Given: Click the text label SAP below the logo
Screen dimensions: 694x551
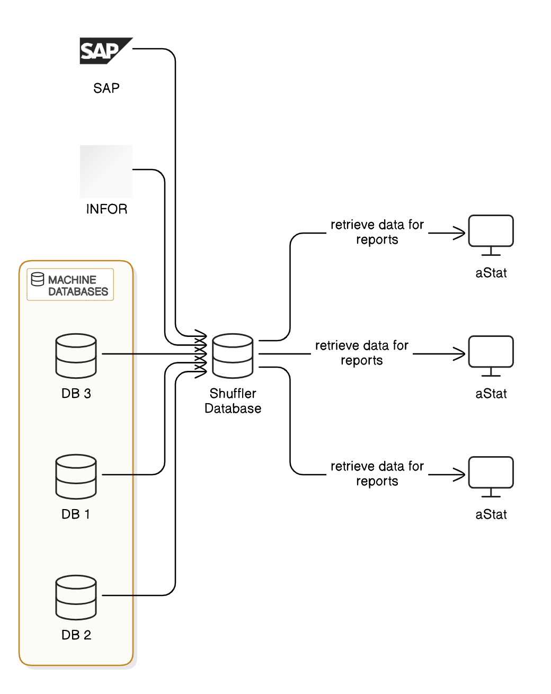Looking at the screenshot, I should coord(106,88).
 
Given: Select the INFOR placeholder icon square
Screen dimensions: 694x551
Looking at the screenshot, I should coord(106,172).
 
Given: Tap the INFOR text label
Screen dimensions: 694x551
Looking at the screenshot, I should coord(106,209).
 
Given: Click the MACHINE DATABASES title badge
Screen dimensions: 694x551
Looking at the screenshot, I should coord(70,285).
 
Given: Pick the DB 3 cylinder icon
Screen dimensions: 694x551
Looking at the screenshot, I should coord(76,355).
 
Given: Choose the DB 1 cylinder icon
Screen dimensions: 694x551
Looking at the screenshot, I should coord(76,476).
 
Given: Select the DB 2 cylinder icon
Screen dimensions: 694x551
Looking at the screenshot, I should coord(76,597).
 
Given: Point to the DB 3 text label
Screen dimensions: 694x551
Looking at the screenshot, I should coord(76,394).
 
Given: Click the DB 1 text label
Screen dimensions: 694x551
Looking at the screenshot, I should coord(76,514).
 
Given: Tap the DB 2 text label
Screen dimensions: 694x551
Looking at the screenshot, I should coord(76,635).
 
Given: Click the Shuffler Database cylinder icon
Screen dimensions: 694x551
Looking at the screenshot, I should coord(233,355).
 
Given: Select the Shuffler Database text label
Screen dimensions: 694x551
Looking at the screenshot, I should coord(233,401).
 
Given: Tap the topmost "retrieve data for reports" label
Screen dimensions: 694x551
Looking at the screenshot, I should coord(377,232).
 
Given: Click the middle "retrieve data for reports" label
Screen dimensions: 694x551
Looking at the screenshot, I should coord(362,353).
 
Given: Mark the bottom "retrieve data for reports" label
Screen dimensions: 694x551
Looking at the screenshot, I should coord(377,474).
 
